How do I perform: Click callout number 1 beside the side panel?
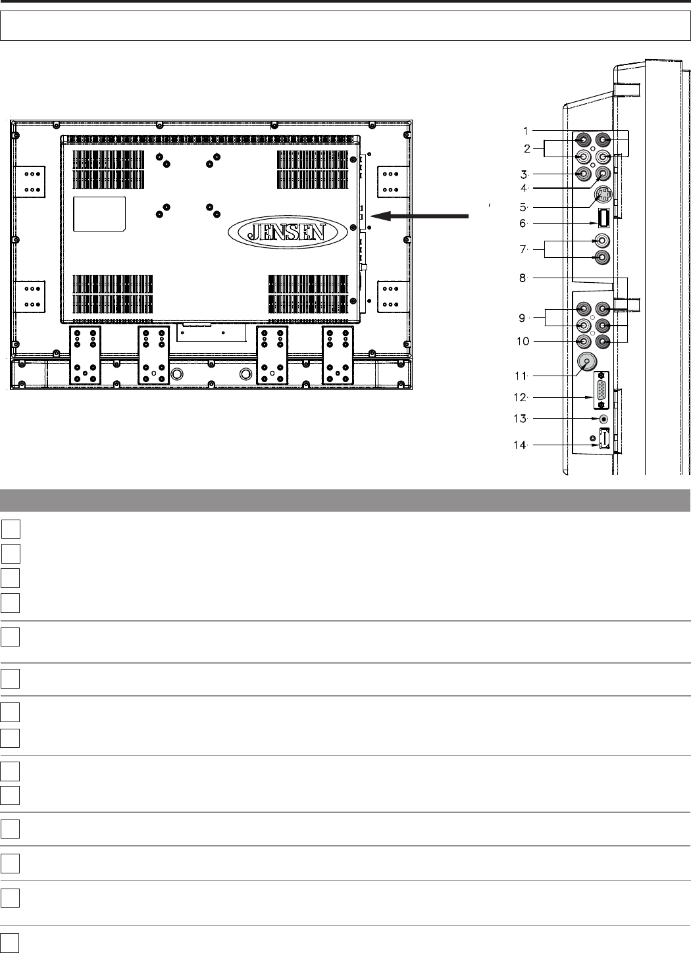click(x=525, y=131)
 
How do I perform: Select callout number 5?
click(x=523, y=208)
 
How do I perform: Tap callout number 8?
click(x=523, y=278)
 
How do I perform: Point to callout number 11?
click(x=521, y=376)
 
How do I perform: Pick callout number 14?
click(x=520, y=445)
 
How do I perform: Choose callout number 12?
click(x=520, y=397)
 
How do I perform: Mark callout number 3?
click(x=524, y=174)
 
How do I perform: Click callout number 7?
click(x=523, y=249)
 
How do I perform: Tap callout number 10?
click(x=523, y=341)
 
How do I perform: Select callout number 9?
click(x=522, y=318)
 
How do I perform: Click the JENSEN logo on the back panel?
click(x=288, y=232)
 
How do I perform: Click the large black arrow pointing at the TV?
click(x=422, y=216)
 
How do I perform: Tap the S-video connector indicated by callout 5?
click(x=603, y=195)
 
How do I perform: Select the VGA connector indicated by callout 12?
click(x=601, y=391)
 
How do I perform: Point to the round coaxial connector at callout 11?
click(x=587, y=362)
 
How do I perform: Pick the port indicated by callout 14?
click(x=604, y=439)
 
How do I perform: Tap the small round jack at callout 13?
click(x=603, y=419)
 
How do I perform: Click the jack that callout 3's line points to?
click(x=582, y=174)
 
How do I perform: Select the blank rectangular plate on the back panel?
click(x=99, y=214)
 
